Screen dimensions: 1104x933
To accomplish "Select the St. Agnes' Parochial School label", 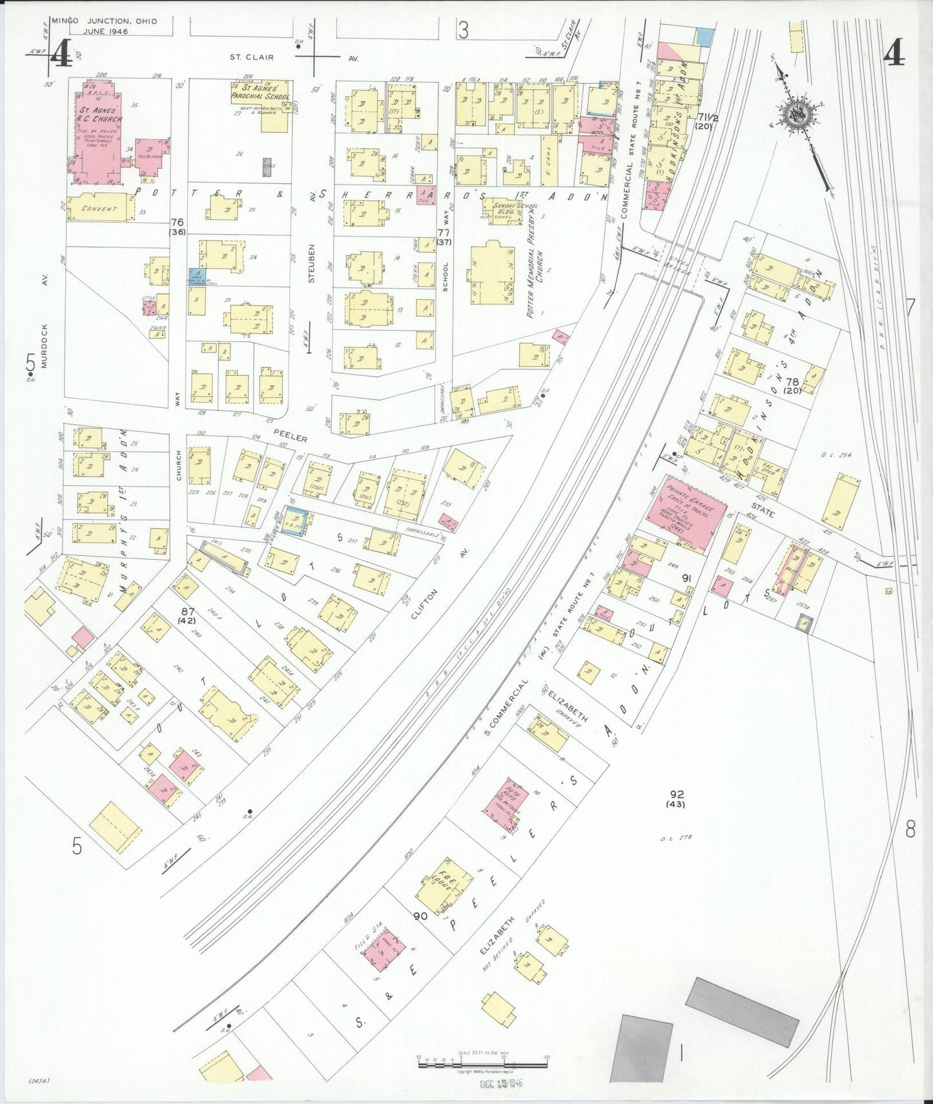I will click(x=261, y=92).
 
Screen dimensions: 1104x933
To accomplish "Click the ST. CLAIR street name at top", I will click(x=252, y=57).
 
